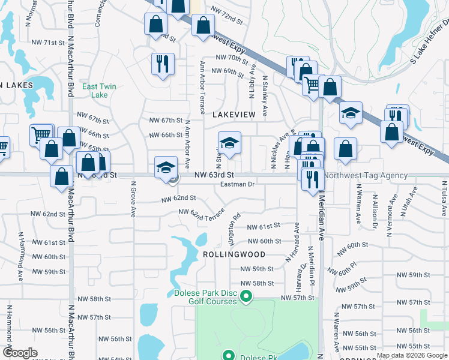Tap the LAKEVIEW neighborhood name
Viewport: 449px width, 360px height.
[x=234, y=114]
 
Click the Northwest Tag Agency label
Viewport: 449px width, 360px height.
[x=366, y=176]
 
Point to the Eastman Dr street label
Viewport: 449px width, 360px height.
[x=238, y=184]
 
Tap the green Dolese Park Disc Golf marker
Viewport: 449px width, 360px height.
[x=246, y=296]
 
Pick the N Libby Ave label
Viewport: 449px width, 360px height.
[x=252, y=83]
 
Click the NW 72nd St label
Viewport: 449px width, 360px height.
[x=226, y=10]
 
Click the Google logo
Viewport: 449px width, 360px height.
[x=20, y=353]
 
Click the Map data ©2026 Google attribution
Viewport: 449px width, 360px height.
[x=412, y=355]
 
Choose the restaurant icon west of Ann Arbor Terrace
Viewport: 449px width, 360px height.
[x=162, y=63]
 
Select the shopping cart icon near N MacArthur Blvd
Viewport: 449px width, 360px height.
[x=41, y=134]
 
